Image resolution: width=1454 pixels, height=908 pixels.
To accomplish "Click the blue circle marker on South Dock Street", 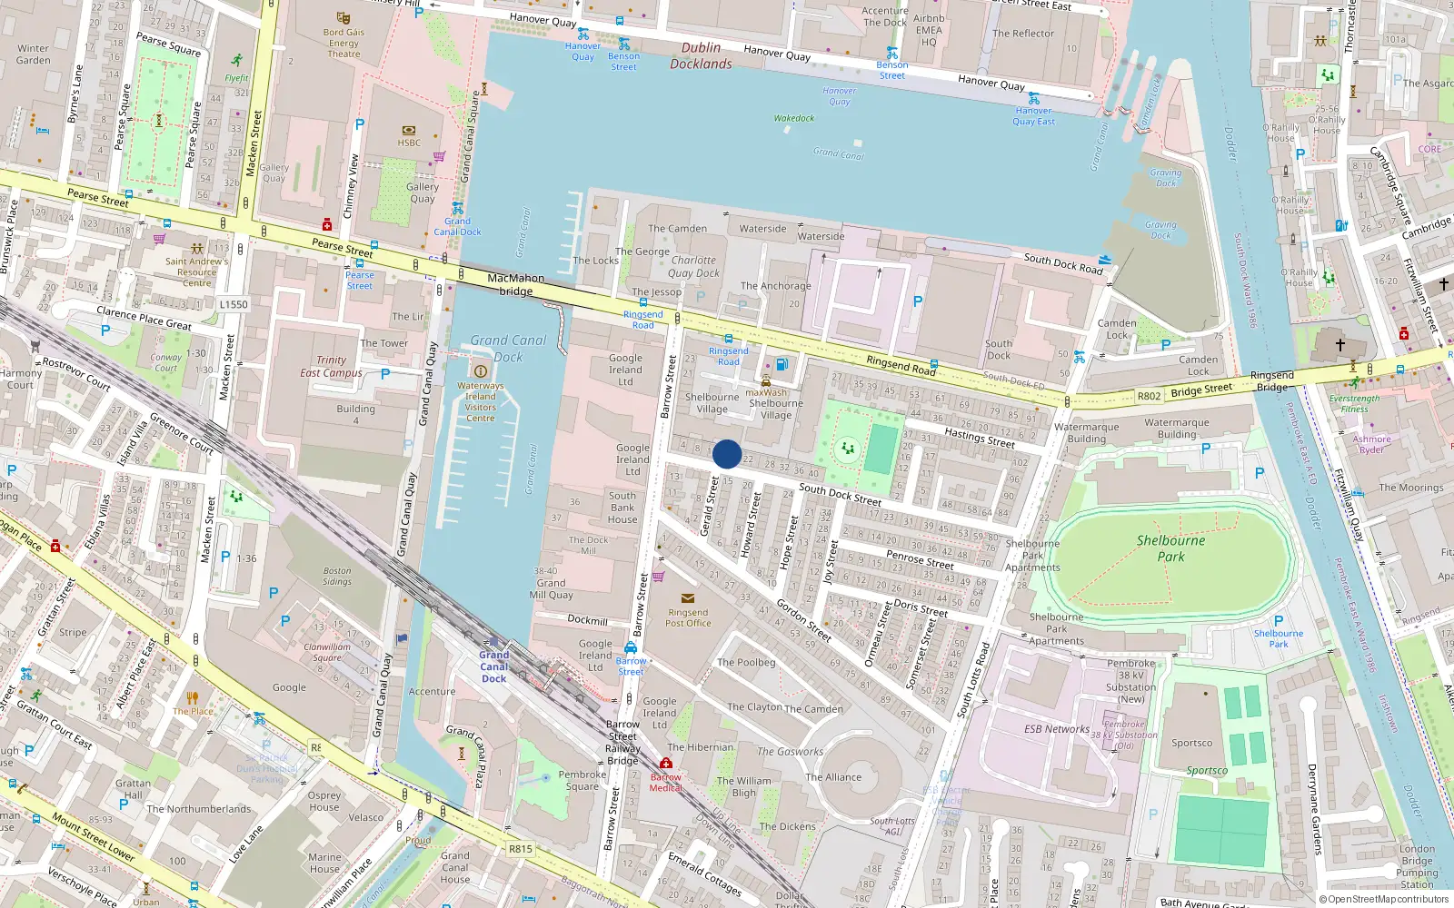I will point(727,454).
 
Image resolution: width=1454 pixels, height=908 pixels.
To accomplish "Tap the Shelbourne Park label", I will point(1170,548).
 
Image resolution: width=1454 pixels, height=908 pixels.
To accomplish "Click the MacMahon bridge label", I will point(515,284).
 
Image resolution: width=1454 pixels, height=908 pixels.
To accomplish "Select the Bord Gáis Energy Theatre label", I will point(344,43).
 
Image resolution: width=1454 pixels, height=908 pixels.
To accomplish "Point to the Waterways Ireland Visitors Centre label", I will point(480,401).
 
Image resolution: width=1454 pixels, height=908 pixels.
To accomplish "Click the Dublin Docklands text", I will point(701,55).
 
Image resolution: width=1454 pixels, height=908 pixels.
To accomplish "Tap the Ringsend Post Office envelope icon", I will point(687,598).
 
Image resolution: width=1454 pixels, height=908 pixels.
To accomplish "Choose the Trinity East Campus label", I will point(331,366).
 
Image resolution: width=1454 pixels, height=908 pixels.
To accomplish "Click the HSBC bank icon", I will point(408,130).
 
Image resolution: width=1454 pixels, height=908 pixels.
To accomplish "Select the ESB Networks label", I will point(1056,728).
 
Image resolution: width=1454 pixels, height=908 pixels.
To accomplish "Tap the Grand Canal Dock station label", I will point(494,666).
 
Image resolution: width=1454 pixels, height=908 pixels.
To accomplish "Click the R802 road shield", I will point(1149,396).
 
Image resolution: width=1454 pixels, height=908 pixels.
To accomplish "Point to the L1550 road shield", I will point(234,304).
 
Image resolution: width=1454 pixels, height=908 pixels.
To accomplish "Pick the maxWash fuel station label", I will point(766,393).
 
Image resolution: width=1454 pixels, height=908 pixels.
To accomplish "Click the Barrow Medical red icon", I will point(666,764).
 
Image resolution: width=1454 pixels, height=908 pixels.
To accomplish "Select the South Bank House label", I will point(622,508).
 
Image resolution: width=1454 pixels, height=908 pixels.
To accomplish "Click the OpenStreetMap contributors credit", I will point(1384,899).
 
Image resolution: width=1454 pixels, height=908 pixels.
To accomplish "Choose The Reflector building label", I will point(1023,34).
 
